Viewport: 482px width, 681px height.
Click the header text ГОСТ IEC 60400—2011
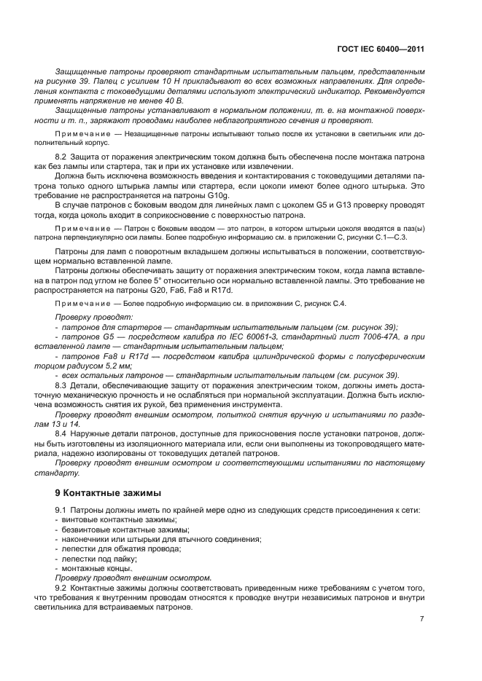click(x=382, y=49)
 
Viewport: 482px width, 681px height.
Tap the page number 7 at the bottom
click(x=421, y=618)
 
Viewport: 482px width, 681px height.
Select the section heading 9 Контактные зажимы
click(x=105, y=492)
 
